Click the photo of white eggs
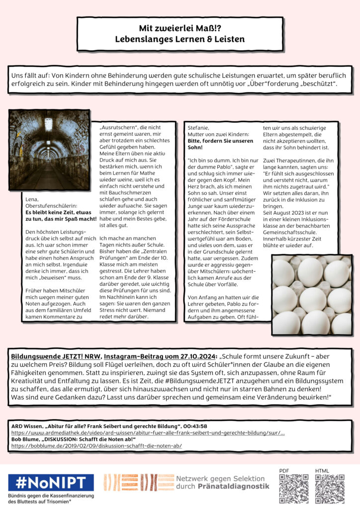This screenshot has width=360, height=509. pos(311,295)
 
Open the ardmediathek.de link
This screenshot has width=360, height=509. pos(148,433)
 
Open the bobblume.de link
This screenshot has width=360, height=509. pos(96,446)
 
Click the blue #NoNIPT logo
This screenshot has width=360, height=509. pos(51,482)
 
